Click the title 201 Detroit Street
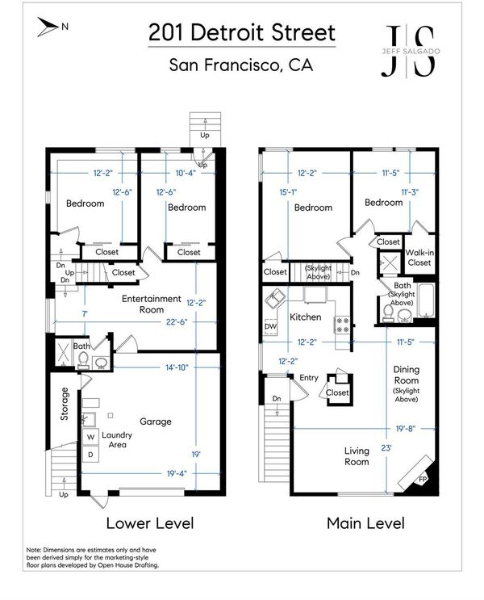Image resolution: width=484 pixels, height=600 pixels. point(242,32)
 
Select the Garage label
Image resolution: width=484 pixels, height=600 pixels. point(155,422)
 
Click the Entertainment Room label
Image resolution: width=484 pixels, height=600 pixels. point(152,304)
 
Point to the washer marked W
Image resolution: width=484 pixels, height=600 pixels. point(90,437)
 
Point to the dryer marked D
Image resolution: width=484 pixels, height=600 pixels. point(90,455)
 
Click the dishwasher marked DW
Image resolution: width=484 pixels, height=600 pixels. point(270,326)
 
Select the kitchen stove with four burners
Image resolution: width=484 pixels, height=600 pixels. point(342,325)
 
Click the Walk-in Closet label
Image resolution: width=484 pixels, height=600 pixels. point(419,258)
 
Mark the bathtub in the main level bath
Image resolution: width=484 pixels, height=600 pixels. point(426,300)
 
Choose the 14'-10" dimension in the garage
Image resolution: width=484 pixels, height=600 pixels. point(177,367)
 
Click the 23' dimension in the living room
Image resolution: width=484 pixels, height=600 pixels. point(386,447)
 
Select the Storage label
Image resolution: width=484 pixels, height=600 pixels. point(65,404)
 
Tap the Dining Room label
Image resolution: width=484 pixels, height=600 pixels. point(406,375)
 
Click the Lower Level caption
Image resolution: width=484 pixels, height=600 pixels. point(150,523)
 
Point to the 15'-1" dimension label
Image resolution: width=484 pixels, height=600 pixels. point(288,192)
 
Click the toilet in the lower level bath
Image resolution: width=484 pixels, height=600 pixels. point(84,360)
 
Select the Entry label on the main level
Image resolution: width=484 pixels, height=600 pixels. point(309,378)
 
